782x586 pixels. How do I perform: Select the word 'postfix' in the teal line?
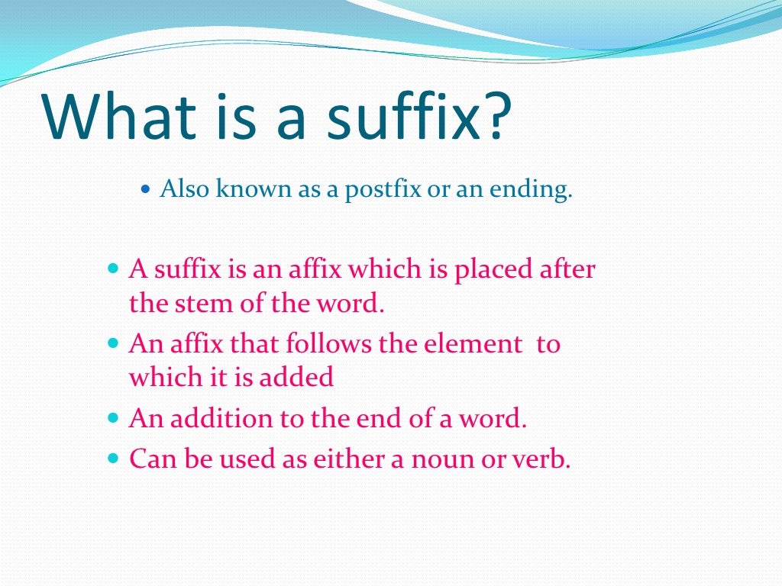383,190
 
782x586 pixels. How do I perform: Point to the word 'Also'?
184,190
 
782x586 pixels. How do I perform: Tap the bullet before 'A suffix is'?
114,270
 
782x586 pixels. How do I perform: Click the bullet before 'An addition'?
114,419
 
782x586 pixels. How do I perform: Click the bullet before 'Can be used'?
114,459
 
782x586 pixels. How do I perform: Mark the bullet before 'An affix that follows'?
114,344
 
